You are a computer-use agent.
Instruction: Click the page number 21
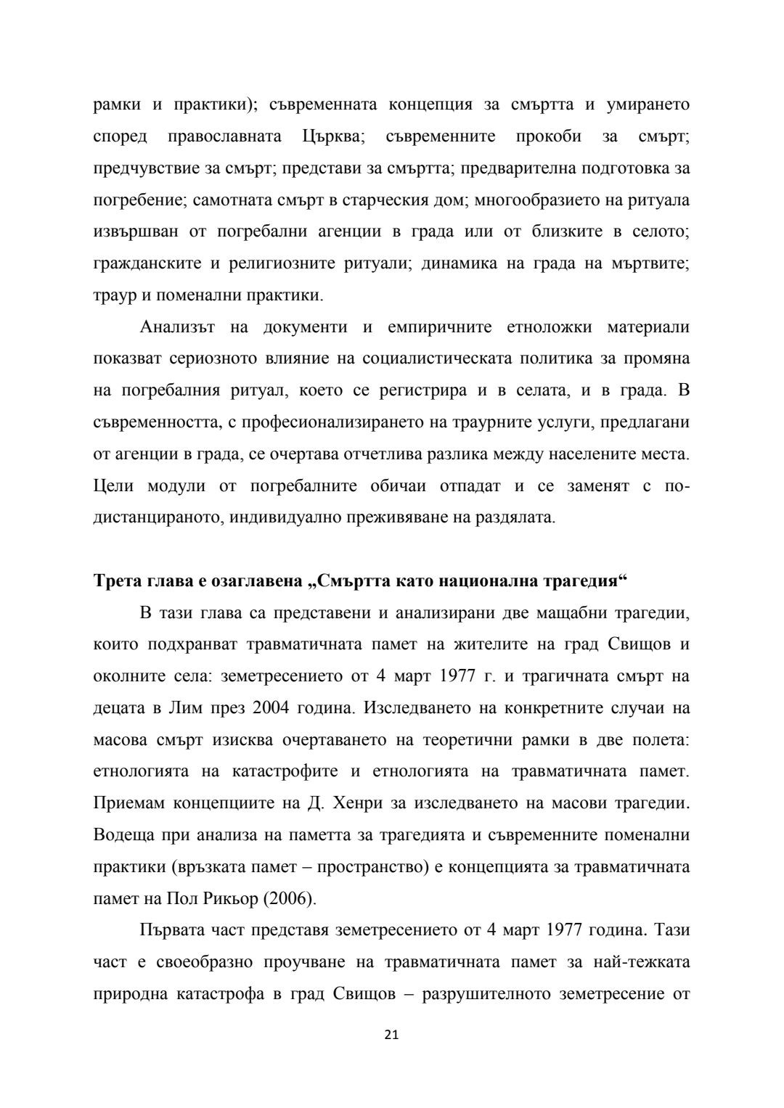391,1035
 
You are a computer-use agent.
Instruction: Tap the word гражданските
145,263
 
